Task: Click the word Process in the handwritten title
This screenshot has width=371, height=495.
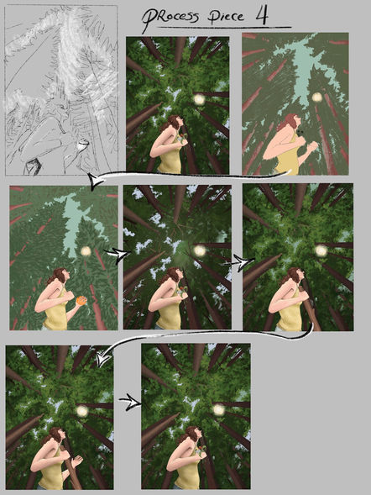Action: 170,18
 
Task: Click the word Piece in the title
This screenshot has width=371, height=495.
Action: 226,17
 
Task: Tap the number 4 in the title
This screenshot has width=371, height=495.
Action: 261,16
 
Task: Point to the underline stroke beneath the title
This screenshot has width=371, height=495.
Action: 224,28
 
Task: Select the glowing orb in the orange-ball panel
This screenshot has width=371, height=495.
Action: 86,251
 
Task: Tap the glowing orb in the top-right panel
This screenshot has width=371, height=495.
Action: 316,97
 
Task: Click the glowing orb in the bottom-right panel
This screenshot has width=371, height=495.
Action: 218,410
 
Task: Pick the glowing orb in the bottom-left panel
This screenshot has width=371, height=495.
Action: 82,411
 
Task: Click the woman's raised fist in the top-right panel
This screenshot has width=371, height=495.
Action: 312,146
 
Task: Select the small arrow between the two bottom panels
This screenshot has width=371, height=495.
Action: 130,402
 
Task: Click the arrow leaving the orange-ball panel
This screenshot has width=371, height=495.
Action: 118,255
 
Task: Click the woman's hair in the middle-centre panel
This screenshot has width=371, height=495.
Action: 170,276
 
